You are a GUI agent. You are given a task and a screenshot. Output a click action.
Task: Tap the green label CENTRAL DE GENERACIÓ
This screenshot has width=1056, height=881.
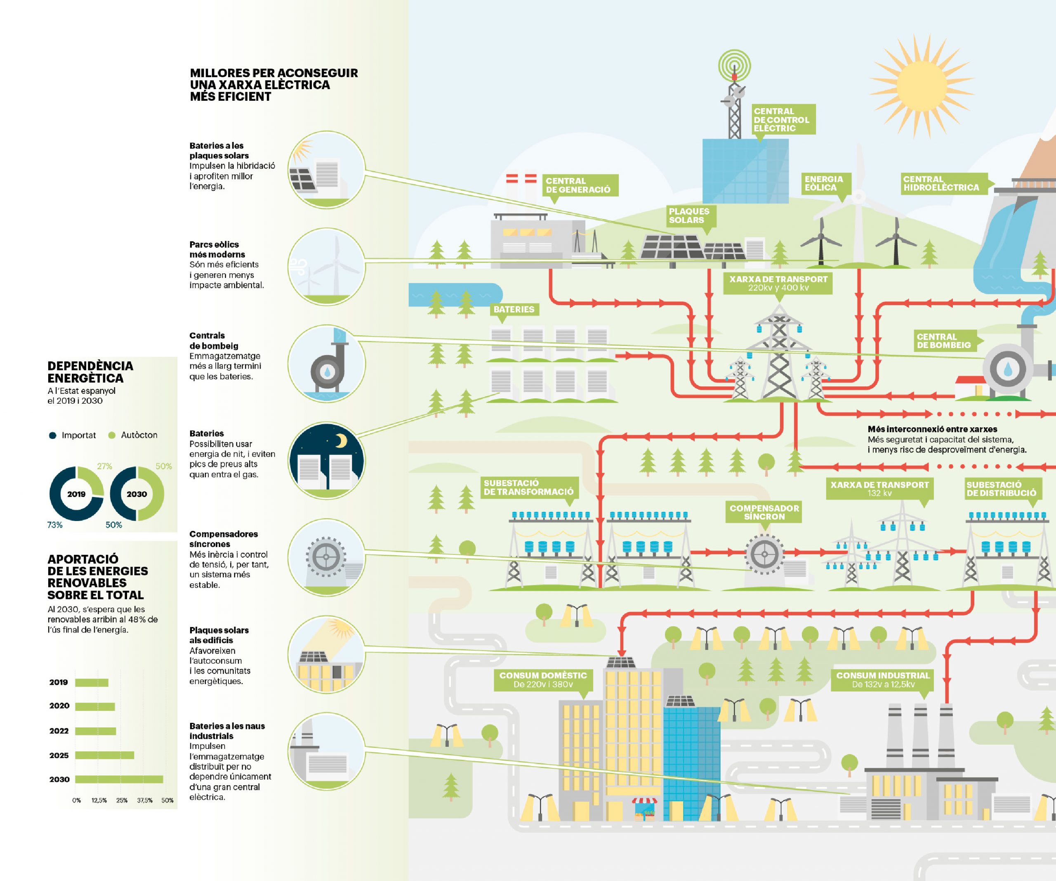pyautogui.click(x=579, y=185)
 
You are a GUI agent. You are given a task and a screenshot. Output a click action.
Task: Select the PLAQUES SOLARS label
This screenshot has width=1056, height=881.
pyautogui.click(x=691, y=216)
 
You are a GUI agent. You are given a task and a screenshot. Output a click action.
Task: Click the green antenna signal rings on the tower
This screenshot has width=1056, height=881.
pyautogui.click(x=734, y=65)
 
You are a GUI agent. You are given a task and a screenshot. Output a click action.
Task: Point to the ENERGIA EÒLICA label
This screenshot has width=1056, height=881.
pyautogui.click(x=824, y=184)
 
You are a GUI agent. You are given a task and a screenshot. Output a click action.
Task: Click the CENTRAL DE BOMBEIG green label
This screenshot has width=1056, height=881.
pyautogui.click(x=944, y=341)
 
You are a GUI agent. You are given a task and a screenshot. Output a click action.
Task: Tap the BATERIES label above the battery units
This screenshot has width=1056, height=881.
pyautogui.click(x=514, y=310)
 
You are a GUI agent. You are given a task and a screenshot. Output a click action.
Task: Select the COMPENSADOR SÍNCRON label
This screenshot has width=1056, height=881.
pyautogui.click(x=764, y=512)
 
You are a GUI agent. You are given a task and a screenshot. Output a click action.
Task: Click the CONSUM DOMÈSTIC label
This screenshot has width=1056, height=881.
pyautogui.click(x=543, y=680)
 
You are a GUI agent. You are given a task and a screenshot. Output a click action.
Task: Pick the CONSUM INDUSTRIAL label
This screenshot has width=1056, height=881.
pyautogui.click(x=883, y=680)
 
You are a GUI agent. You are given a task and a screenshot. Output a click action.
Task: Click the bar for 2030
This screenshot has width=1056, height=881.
pyautogui.click(x=119, y=779)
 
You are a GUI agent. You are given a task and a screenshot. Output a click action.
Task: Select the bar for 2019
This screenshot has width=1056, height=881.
pyautogui.click(x=92, y=683)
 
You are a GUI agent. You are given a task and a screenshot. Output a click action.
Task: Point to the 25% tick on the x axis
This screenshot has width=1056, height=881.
pyautogui.click(x=122, y=800)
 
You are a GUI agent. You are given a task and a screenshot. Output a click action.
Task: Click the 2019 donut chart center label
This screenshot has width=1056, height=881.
pyautogui.click(x=76, y=494)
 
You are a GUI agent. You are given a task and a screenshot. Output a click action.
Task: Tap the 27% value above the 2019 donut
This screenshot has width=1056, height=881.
pyautogui.click(x=105, y=467)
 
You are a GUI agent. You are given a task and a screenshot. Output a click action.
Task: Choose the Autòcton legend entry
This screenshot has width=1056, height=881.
pyautogui.click(x=133, y=435)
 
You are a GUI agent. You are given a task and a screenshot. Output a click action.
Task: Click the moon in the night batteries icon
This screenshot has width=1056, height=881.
pyautogui.click(x=342, y=441)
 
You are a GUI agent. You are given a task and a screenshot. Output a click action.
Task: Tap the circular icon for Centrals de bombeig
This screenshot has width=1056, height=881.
pyautogui.click(x=327, y=364)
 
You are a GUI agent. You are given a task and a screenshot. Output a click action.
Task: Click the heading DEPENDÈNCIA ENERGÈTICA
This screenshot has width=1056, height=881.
pyautogui.click(x=90, y=372)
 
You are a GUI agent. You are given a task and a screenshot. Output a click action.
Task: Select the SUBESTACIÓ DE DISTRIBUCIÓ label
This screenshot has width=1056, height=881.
pyautogui.click(x=1001, y=488)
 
